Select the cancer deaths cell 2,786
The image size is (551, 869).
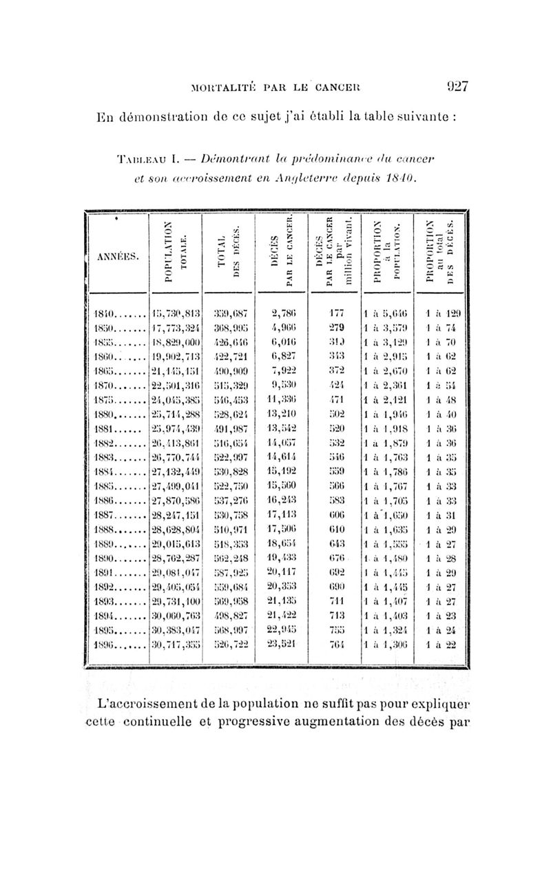(282, 311)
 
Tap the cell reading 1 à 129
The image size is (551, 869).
(441, 311)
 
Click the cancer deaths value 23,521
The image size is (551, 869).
(282, 643)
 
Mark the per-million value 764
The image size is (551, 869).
(335, 643)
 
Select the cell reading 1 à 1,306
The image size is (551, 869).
(389, 643)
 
